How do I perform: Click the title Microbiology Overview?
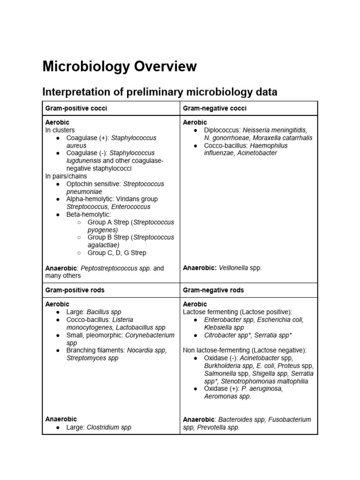point(120,67)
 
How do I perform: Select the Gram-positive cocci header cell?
point(76,108)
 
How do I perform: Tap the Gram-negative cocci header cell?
point(215,108)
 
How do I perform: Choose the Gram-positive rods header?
point(75,290)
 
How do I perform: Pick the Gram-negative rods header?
point(214,290)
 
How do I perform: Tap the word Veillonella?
point(234,268)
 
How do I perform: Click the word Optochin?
point(80,184)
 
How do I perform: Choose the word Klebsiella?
point(217,327)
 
